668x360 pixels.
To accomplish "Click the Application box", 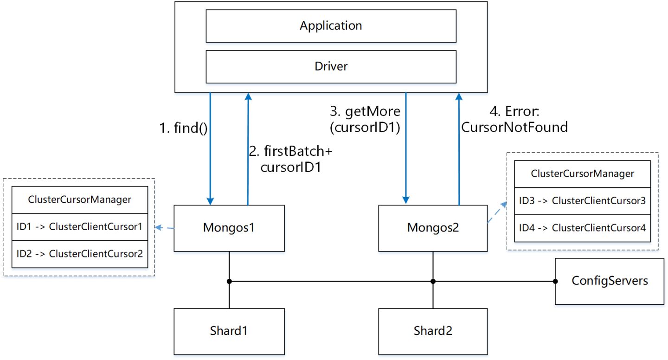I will pyautogui.click(x=331, y=25).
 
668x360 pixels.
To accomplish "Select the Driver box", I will pyautogui.click(x=331, y=66).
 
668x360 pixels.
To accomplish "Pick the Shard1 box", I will pyautogui.click(x=229, y=331).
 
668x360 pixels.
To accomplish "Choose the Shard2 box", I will pyautogui.click(x=433, y=331).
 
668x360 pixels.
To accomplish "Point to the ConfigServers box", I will pyautogui.click(x=610, y=281).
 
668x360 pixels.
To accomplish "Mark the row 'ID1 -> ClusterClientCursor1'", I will pyautogui.click(x=80, y=227).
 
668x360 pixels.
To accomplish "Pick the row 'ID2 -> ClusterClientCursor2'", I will pyautogui.click(x=80, y=254).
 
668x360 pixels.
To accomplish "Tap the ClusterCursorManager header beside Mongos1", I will pyautogui.click(x=80, y=200).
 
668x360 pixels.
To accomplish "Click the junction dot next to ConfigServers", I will pyautogui.click(x=555, y=281).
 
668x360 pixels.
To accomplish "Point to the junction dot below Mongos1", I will pyautogui.click(x=229, y=281).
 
